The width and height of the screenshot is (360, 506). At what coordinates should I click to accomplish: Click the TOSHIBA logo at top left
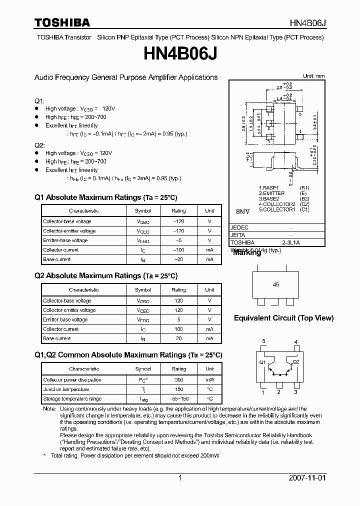[x=62, y=22]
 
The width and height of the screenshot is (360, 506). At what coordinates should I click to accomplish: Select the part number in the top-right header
[x=307, y=23]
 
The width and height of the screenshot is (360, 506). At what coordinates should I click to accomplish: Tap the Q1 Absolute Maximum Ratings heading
[x=106, y=197]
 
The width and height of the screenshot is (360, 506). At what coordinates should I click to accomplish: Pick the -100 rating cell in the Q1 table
[x=178, y=250]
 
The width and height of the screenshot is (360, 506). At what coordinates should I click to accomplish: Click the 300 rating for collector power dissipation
[x=178, y=380]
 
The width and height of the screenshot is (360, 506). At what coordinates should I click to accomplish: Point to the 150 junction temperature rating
[x=178, y=389]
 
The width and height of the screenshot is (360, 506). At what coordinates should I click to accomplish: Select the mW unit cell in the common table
[x=210, y=380]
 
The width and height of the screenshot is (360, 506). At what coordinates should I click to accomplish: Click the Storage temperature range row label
[x=72, y=399]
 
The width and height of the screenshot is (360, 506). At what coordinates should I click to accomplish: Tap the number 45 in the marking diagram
[x=276, y=284]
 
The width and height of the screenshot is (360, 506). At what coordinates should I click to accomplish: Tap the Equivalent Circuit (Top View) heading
[x=283, y=318]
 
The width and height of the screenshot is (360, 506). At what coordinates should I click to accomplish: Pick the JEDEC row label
[x=239, y=227]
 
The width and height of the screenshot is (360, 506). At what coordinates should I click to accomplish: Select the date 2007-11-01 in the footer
[x=307, y=478]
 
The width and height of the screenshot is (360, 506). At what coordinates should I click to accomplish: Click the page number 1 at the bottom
[x=180, y=478]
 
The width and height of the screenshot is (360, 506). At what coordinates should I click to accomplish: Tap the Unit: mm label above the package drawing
[x=314, y=76]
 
